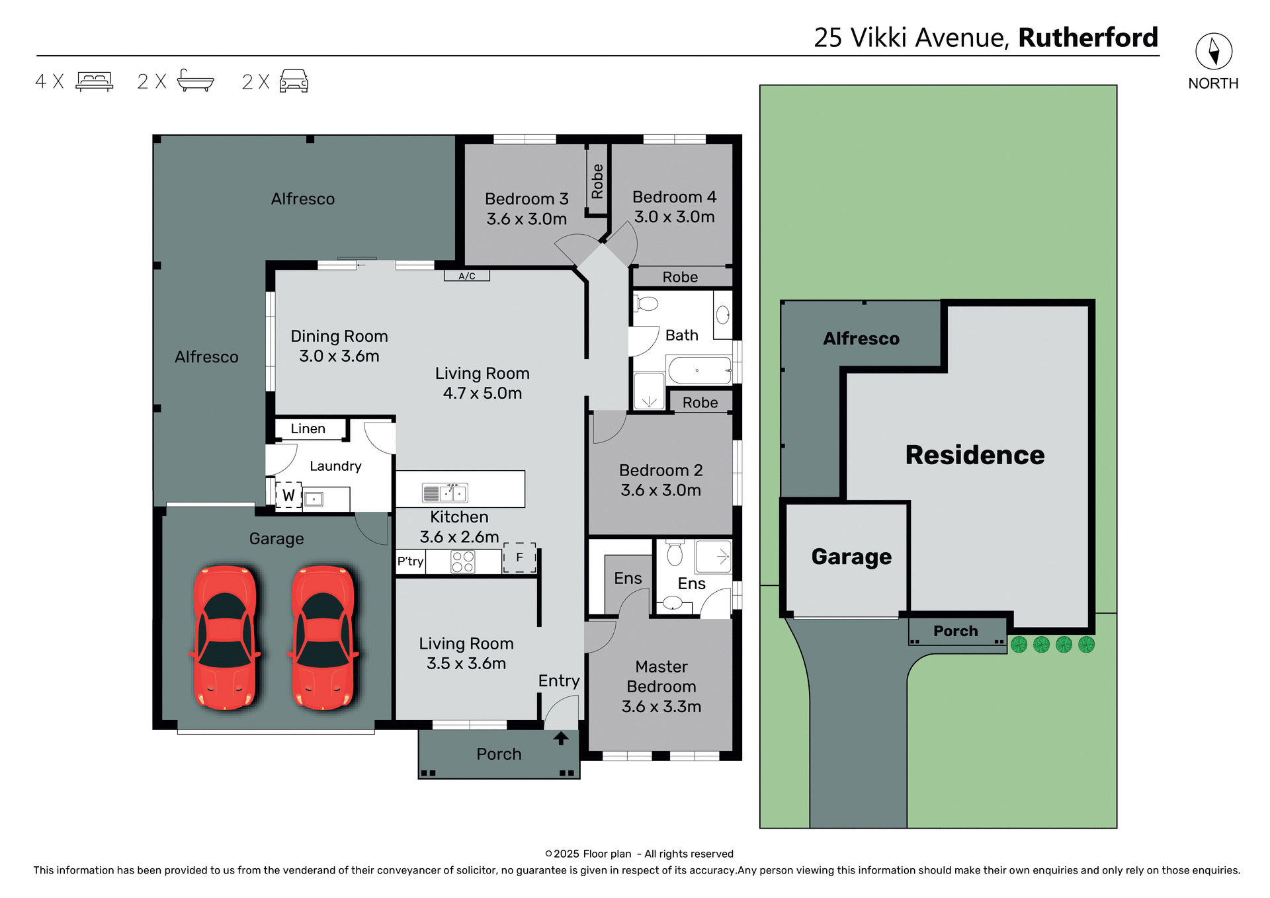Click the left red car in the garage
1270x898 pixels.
pos(225,637)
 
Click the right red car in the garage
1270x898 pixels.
pos(323,637)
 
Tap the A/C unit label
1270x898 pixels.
pos(467,276)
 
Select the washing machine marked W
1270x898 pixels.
pos(288,495)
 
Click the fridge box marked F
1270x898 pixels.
pos(519,557)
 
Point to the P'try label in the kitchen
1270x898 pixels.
pos(410,561)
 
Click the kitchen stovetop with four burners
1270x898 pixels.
pos(462,562)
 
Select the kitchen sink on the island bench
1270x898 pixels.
pos(445,493)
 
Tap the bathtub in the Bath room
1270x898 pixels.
pos(699,370)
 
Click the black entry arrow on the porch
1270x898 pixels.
pos(561,738)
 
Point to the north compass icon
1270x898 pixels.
pos(1214,51)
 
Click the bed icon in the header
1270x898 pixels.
pos(95,81)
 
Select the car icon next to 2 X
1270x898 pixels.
pos(294,81)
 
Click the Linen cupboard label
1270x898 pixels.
pos(308,429)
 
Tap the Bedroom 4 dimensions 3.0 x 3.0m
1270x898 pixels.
pos(674,217)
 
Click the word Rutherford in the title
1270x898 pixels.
pos(1088,38)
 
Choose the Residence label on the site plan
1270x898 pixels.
pos(974,455)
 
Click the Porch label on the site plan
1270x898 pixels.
pos(955,631)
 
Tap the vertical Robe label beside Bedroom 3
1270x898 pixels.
pos(597,181)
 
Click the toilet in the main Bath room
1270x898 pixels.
pos(647,304)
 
